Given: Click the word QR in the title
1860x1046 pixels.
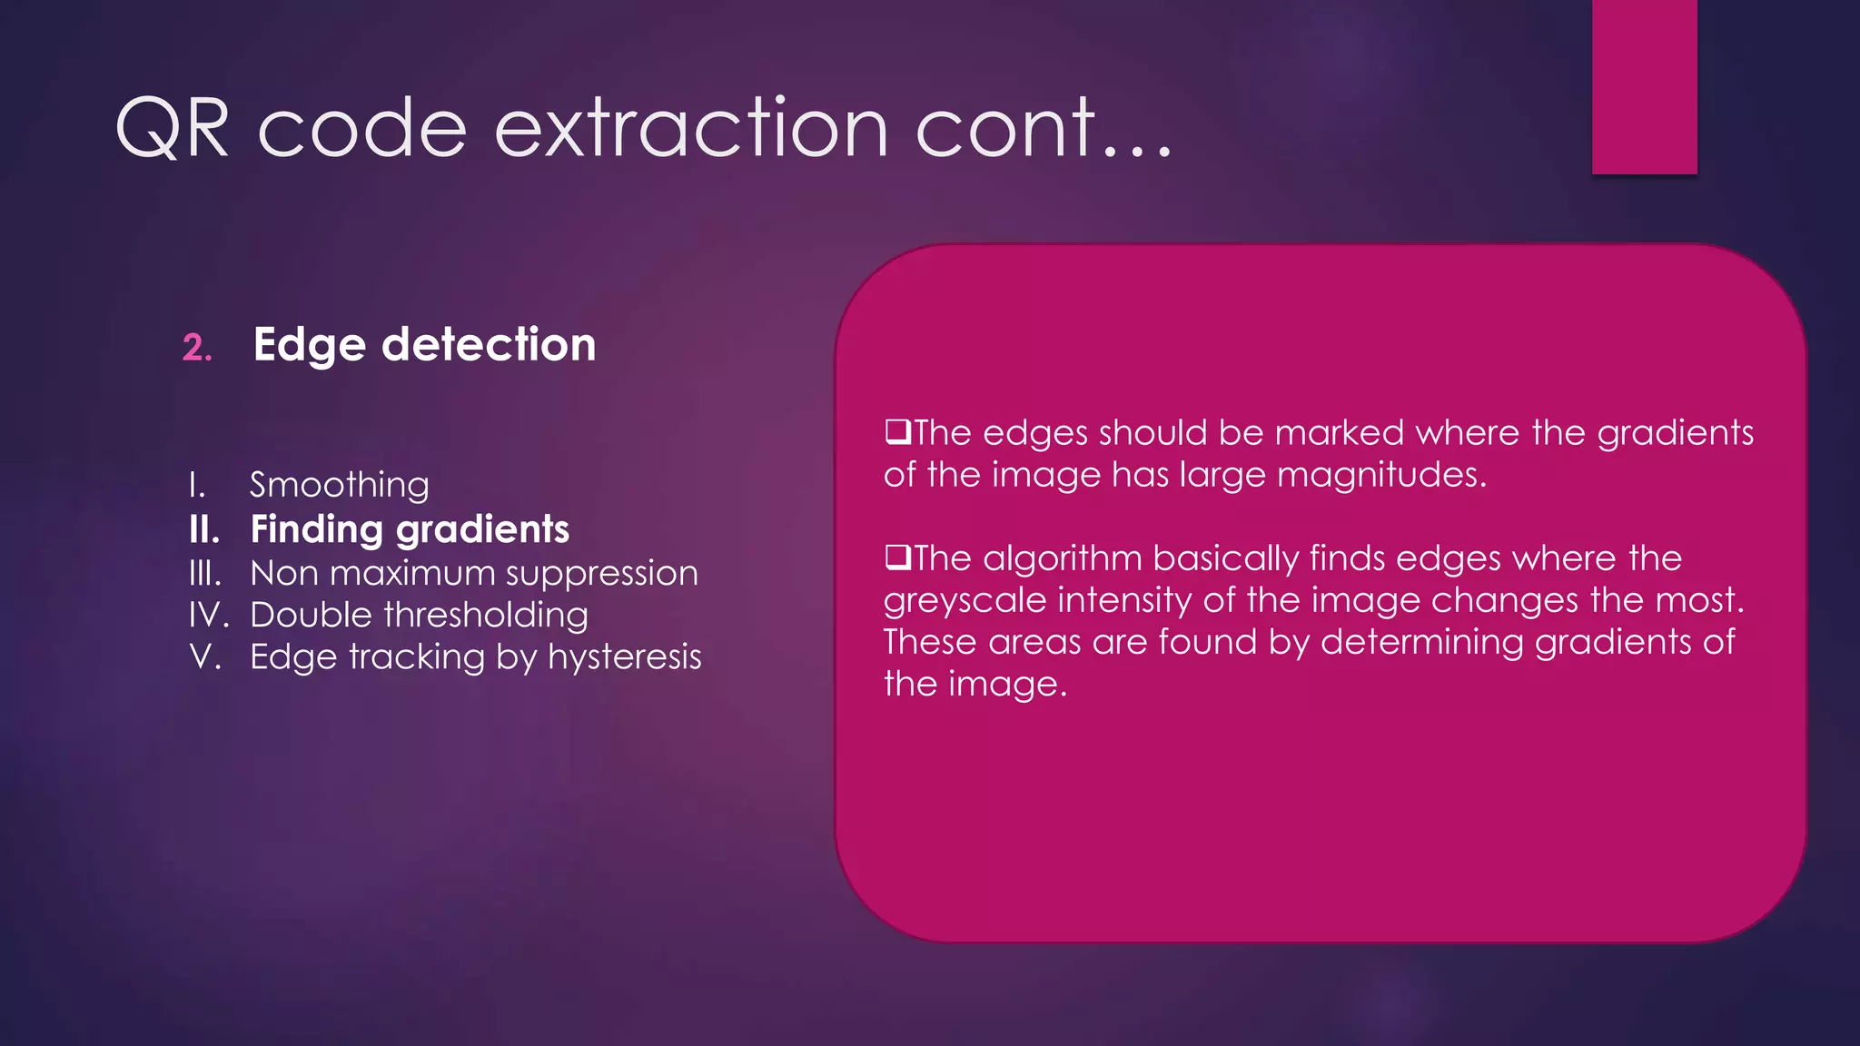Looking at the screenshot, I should click(x=173, y=129).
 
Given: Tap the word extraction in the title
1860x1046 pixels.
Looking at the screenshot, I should click(x=690, y=129).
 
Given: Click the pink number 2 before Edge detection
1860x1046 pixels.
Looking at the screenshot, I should click(x=196, y=348).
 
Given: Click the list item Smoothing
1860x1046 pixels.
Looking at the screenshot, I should click(x=339, y=485).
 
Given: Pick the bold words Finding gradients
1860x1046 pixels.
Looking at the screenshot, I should click(x=410, y=529).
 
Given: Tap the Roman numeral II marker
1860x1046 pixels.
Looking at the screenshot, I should click(x=204, y=529).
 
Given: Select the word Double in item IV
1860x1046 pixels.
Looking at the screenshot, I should click(x=311, y=615).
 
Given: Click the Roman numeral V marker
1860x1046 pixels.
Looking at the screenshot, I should click(x=204, y=656).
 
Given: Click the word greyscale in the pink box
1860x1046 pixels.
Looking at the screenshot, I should click(x=965, y=601).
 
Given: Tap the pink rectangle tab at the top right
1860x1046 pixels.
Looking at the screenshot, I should click(x=1644, y=86).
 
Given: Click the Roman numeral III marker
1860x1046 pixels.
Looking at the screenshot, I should click(x=204, y=574).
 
